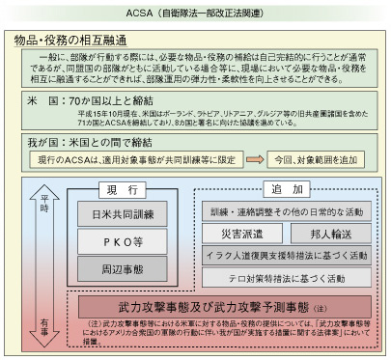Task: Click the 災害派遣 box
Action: [x=237, y=233]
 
